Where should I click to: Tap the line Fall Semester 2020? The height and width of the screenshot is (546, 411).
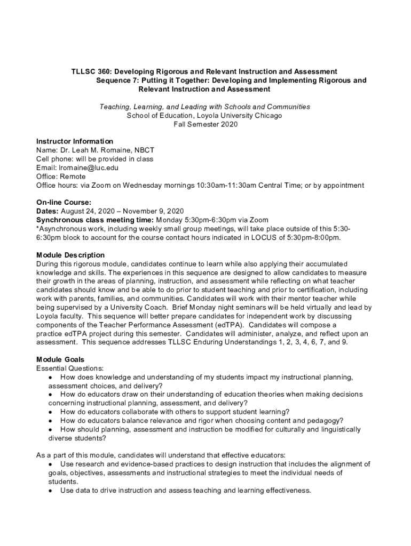click(205, 125)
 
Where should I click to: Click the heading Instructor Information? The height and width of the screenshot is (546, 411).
click(74, 141)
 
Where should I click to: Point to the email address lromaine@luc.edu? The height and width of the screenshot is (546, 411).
click(88, 168)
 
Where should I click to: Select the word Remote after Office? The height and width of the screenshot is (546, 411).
click(73, 176)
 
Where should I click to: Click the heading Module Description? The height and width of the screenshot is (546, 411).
click(70, 255)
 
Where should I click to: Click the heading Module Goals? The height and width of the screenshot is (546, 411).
click(60, 359)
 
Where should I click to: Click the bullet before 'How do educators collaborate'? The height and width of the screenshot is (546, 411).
click(50, 412)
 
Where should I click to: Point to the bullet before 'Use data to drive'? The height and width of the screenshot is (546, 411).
click(50, 490)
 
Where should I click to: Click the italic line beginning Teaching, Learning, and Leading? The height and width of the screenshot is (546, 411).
click(205, 107)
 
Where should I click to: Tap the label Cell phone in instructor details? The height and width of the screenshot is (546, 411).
click(54, 159)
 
